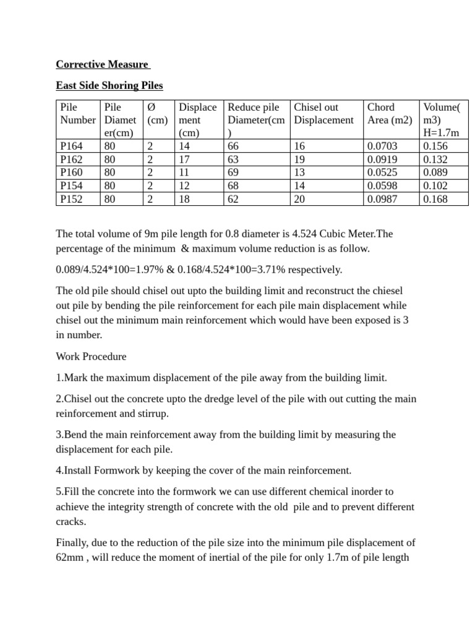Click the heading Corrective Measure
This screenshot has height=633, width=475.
tap(102, 64)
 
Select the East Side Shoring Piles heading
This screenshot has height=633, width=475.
tap(109, 85)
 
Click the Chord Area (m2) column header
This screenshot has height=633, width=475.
tap(389, 113)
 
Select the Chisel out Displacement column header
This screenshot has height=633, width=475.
tap(323, 113)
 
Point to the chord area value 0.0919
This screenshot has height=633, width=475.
tap(382, 159)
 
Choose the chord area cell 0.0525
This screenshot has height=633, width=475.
tap(382, 172)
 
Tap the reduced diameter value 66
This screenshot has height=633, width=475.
tap(234, 147)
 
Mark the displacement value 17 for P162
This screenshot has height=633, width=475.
tap(184, 159)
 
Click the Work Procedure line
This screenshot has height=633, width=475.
tap(91, 357)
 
